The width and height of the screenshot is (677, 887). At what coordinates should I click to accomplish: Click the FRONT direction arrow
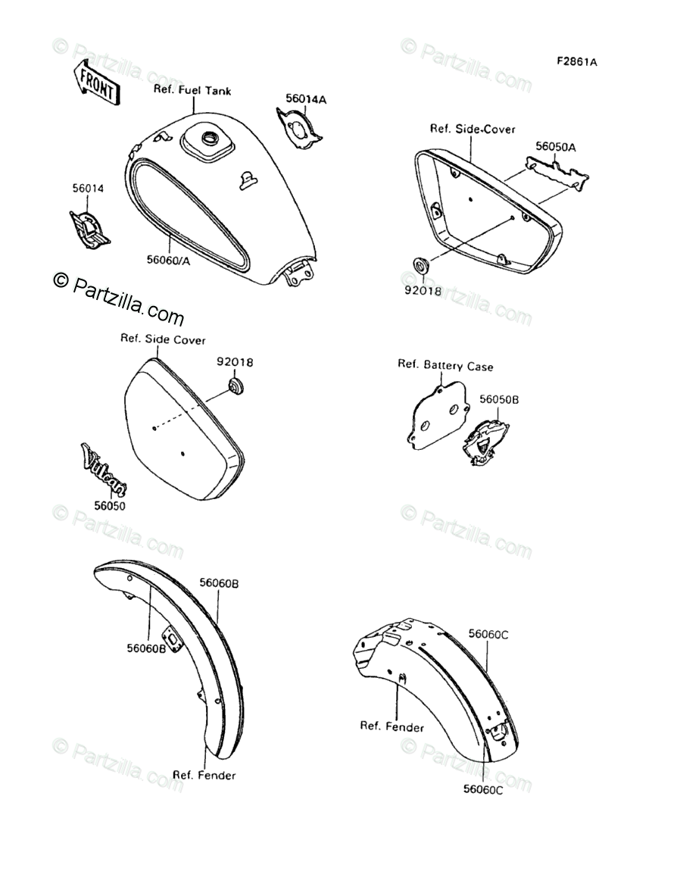(x=95, y=83)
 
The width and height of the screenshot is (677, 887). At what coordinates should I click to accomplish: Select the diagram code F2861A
(x=576, y=62)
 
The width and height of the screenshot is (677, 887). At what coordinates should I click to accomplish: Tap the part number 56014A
(x=305, y=99)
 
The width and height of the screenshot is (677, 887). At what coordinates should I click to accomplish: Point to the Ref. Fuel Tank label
(x=192, y=90)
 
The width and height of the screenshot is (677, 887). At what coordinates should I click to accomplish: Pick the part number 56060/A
(x=168, y=260)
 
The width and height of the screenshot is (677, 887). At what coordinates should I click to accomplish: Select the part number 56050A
(x=555, y=147)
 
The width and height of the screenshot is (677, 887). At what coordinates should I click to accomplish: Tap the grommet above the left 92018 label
(x=419, y=266)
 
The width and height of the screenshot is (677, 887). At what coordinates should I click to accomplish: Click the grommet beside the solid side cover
(x=236, y=388)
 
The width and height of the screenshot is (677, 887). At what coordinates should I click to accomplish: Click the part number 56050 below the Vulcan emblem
(x=110, y=505)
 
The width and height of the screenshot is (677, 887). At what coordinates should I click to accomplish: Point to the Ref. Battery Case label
(x=445, y=366)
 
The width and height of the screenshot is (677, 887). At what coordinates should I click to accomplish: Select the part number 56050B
(x=498, y=398)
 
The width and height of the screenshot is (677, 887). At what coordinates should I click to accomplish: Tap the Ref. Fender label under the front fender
(x=204, y=775)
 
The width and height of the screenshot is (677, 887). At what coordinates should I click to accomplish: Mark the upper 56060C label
(x=488, y=634)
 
